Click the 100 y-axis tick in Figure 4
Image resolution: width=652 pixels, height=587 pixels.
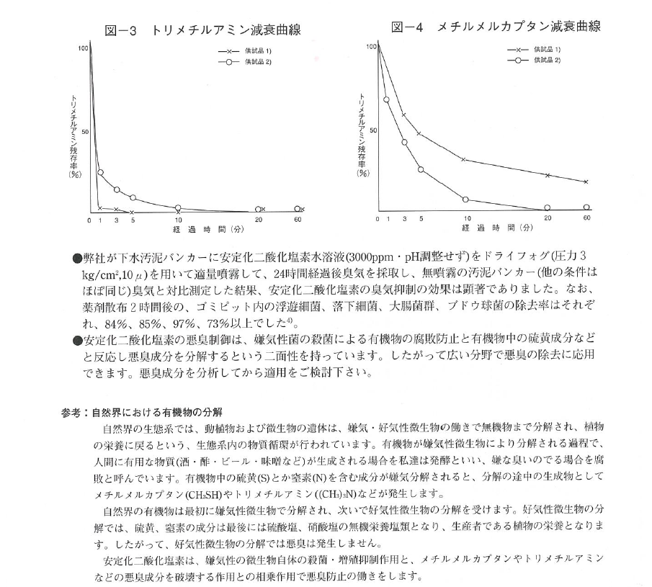pyautogui.click(x=372, y=46)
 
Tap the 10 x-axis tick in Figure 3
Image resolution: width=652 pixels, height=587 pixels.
pyautogui.click(x=178, y=219)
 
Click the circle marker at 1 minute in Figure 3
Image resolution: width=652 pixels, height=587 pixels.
pyautogui.click(x=101, y=173)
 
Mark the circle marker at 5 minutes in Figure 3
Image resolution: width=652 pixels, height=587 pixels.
pyautogui.click(x=133, y=197)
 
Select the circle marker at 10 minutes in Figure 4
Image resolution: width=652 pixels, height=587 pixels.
pyautogui.click(x=465, y=199)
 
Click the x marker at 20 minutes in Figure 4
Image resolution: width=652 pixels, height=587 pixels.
pyautogui.click(x=548, y=175)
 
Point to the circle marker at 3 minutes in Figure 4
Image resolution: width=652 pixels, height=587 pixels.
pyautogui.click(x=405, y=143)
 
